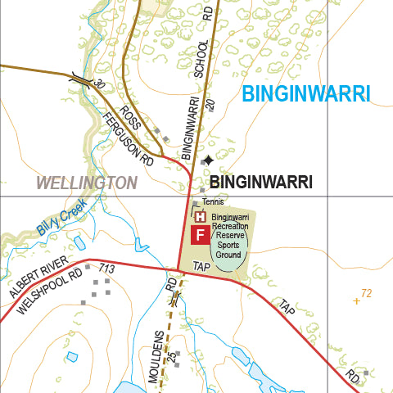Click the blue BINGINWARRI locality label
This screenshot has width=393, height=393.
point(306,93)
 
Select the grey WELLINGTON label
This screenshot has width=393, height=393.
point(86,183)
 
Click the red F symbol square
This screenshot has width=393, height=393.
point(199,236)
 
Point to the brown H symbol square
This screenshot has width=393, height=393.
point(199,217)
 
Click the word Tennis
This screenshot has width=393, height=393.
point(213,202)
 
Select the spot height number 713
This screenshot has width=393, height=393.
point(106,269)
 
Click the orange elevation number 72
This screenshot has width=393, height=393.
point(366,292)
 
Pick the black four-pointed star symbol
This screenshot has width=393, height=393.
point(209,160)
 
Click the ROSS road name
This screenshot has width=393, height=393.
point(130,115)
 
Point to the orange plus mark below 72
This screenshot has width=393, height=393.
point(356,301)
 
